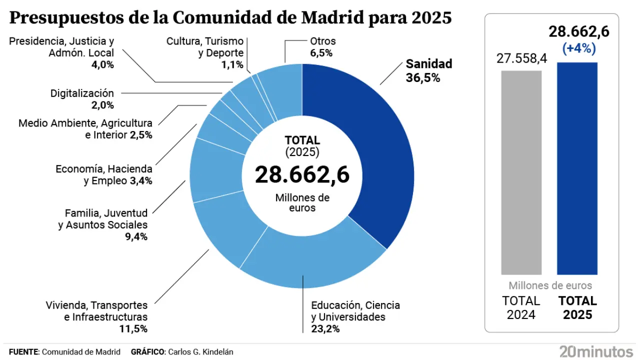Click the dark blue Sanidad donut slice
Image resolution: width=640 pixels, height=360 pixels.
[x=370, y=150]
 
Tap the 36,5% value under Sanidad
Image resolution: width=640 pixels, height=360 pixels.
[x=422, y=78]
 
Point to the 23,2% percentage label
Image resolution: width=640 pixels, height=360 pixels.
[x=325, y=328]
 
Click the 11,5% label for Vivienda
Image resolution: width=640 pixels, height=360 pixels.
[x=134, y=328]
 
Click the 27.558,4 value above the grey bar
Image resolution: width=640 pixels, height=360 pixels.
[x=521, y=58]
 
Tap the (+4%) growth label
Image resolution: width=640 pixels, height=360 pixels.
[x=578, y=48]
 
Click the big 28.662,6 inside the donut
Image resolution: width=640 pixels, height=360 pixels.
[x=301, y=174]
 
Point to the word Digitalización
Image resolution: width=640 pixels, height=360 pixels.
[x=82, y=93]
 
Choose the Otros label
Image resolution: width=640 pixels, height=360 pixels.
[x=322, y=41]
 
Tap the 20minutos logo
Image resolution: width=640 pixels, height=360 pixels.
[x=596, y=351]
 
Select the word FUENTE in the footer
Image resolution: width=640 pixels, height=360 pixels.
[x=23, y=352]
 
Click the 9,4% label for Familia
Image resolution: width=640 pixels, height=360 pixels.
[x=137, y=236]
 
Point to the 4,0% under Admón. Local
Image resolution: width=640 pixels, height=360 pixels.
[x=103, y=64]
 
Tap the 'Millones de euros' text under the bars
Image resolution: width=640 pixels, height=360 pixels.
[x=550, y=286]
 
